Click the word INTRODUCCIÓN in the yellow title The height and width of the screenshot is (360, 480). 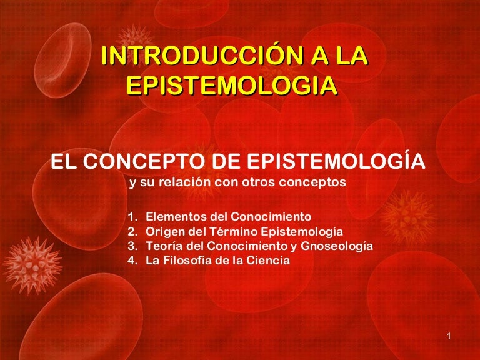click(202, 56)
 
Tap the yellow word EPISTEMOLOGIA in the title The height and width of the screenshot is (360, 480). click(232, 85)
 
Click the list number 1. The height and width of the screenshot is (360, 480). click(132, 217)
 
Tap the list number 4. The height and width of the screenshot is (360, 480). click(132, 261)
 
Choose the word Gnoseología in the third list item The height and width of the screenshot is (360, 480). click(337, 246)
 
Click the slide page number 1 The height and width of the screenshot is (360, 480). click(449, 336)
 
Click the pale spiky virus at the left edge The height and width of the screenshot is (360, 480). click(32, 266)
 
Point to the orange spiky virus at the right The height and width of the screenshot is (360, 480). click(408, 217)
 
